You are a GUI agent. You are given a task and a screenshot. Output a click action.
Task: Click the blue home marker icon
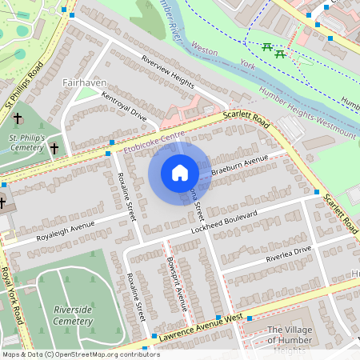click(180, 173)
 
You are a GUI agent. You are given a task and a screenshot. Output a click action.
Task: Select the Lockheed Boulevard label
click(223, 223)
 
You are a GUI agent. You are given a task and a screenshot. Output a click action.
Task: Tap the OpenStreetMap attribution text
click(70, 354)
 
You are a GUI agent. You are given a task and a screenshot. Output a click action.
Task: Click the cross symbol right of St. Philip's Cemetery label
click(54, 148)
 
